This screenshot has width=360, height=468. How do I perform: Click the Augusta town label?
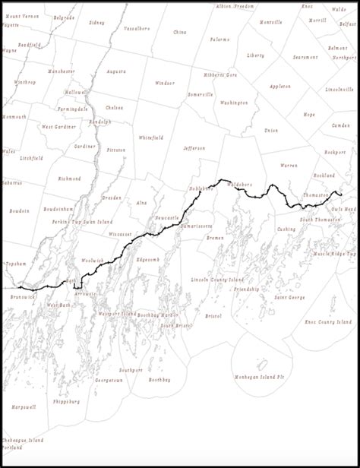point(116,71)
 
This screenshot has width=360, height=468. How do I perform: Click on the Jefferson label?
point(194,148)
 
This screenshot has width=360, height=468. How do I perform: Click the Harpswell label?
point(23,407)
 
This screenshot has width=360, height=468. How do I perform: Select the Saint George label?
point(289,297)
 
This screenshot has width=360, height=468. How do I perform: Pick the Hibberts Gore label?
point(220,75)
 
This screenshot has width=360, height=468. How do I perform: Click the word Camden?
point(341,125)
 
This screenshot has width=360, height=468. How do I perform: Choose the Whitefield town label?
point(150,138)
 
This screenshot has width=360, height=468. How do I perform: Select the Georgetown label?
point(109,379)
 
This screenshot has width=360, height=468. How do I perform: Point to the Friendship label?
point(246,289)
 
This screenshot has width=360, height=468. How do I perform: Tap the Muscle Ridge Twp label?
point(333,253)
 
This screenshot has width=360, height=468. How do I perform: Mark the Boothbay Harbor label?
point(158,314)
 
